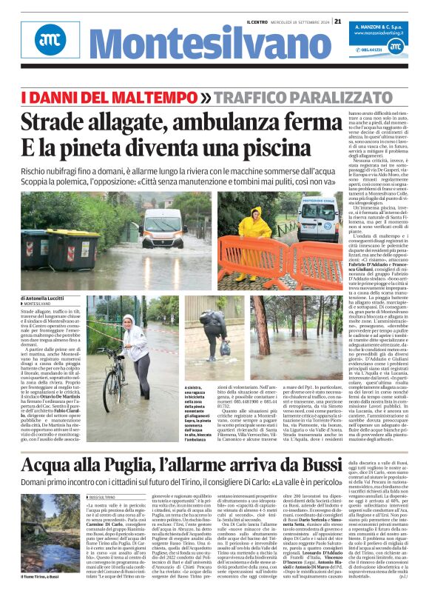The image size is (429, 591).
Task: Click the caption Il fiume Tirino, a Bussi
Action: (34, 574)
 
